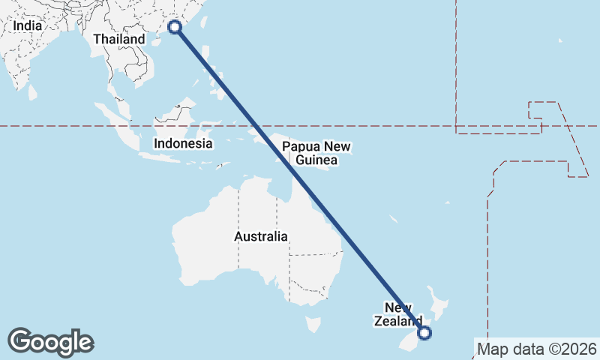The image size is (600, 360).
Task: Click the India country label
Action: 27,25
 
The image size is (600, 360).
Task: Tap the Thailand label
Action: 119,39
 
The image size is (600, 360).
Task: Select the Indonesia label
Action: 183,143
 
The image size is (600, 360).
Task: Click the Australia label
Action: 260,236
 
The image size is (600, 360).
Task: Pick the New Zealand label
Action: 397,314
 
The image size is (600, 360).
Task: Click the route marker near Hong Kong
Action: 175,27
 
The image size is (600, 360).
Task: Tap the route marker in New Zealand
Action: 424,333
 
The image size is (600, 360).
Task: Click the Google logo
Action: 50,342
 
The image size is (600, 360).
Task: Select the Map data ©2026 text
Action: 537,349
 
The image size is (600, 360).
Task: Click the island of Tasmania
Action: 313,325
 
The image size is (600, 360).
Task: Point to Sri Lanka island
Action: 33,92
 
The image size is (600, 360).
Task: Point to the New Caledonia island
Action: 393,220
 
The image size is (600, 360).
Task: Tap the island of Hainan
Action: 157,41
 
